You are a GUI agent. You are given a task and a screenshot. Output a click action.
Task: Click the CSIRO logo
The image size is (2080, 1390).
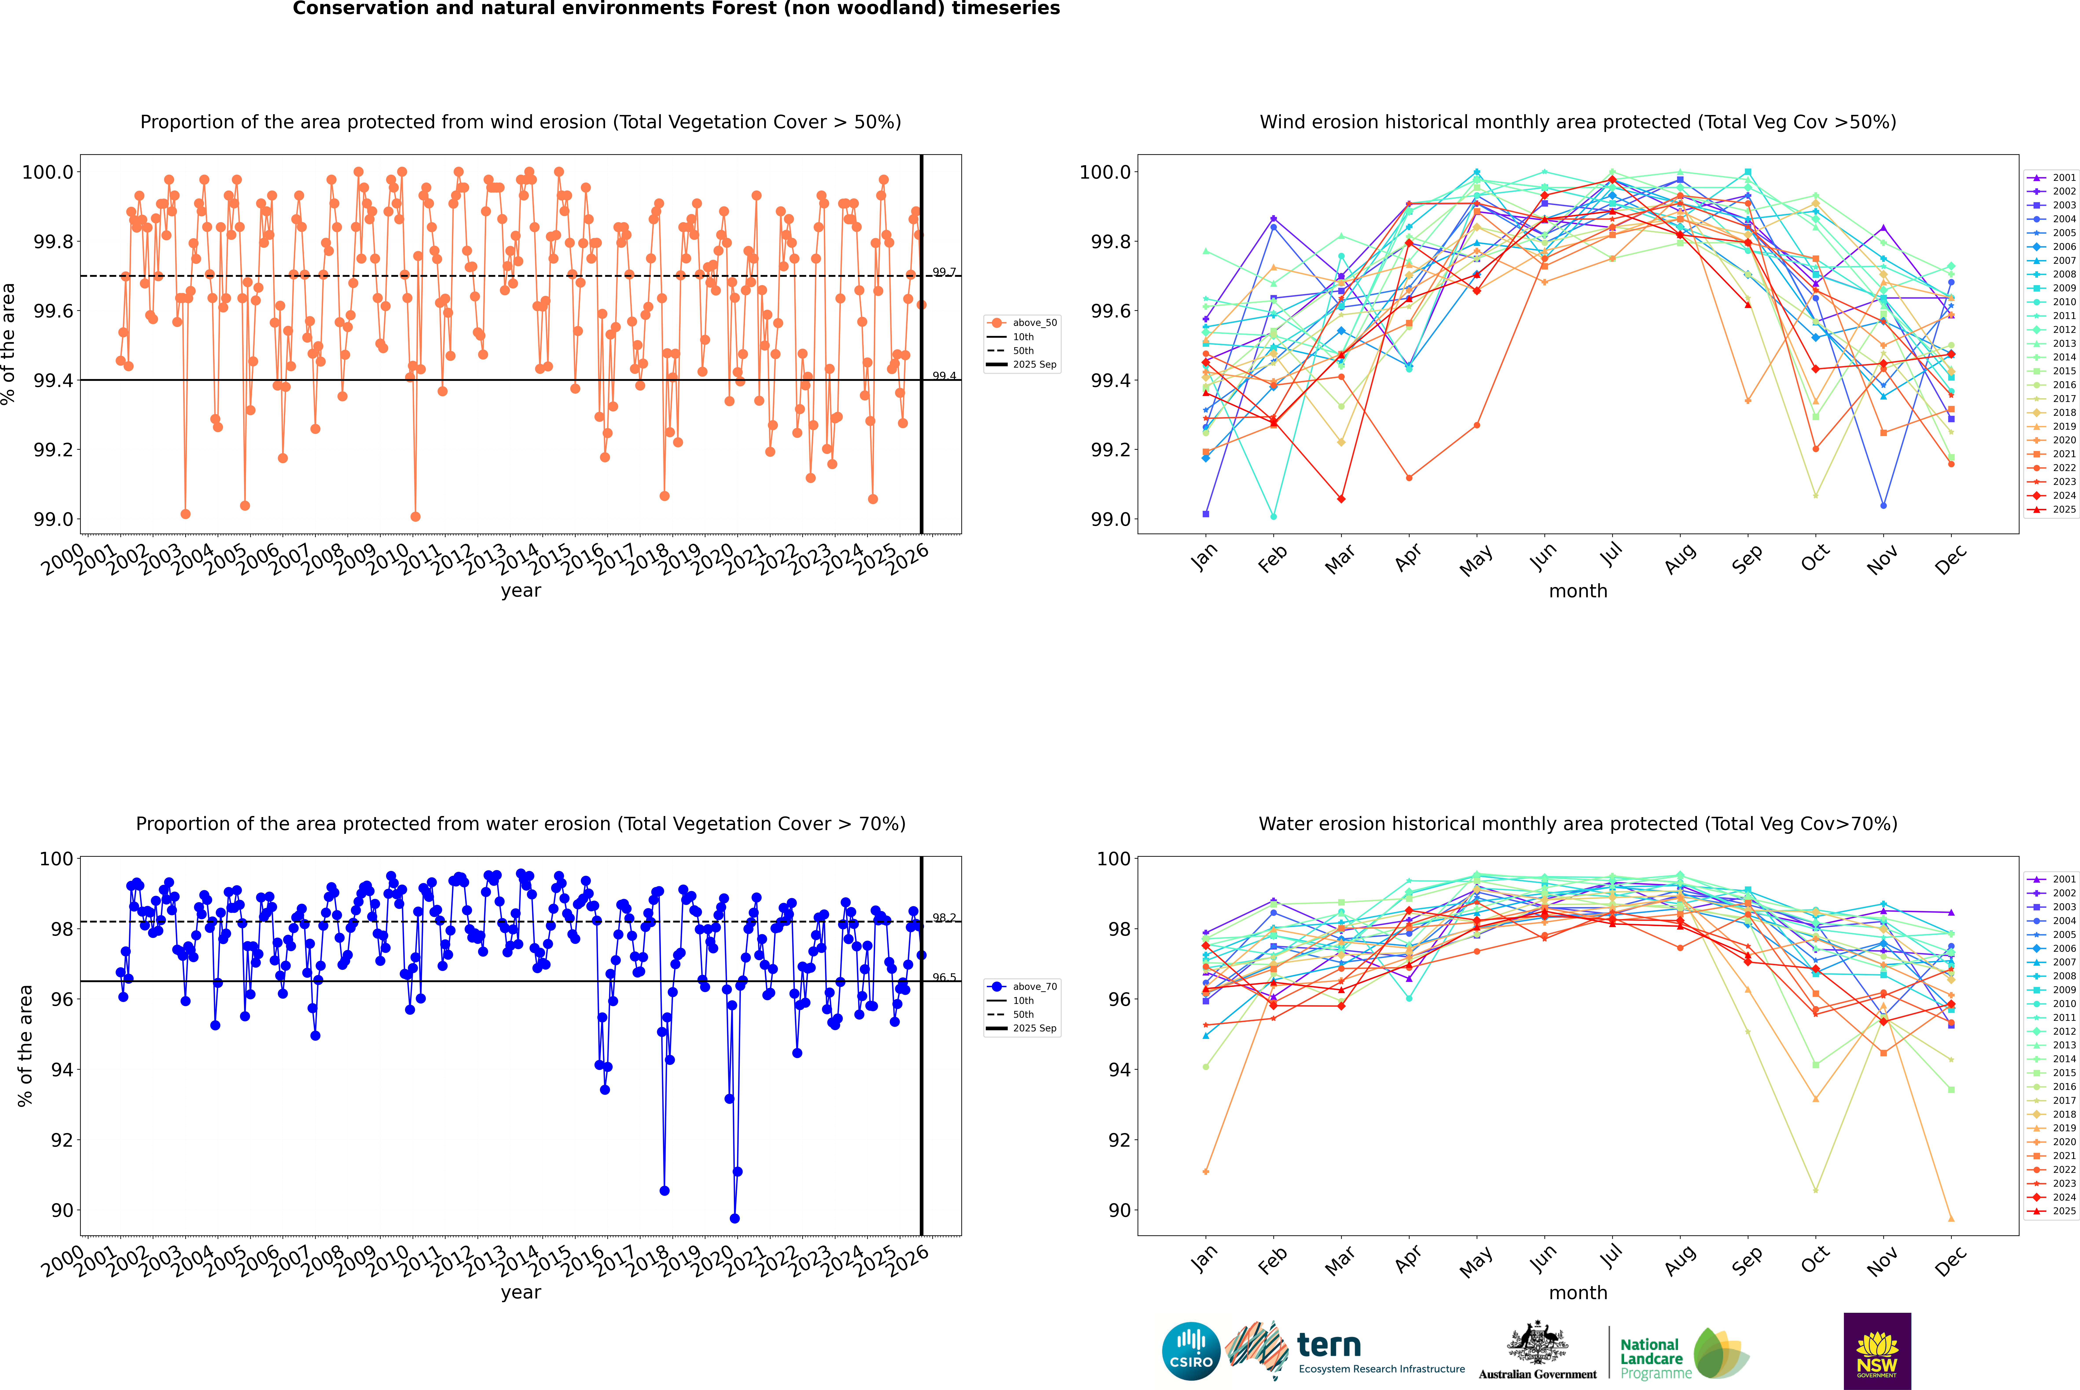pyautogui.click(x=1191, y=1351)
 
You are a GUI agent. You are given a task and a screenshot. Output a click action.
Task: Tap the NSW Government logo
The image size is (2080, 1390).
pyautogui.click(x=1877, y=1351)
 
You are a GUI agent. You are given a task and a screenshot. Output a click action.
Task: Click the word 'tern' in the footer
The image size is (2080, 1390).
pyautogui.click(x=1328, y=1345)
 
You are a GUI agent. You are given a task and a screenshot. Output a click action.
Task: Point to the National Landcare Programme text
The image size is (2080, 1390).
pyautogui.click(x=1651, y=1358)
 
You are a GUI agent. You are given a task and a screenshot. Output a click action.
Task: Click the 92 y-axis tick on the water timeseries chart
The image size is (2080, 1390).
pyautogui.click(x=62, y=1140)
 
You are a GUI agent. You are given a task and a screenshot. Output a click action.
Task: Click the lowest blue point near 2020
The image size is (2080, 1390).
pyautogui.click(x=734, y=1218)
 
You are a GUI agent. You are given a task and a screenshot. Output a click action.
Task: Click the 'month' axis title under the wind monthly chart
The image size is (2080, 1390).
pyautogui.click(x=1577, y=590)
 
